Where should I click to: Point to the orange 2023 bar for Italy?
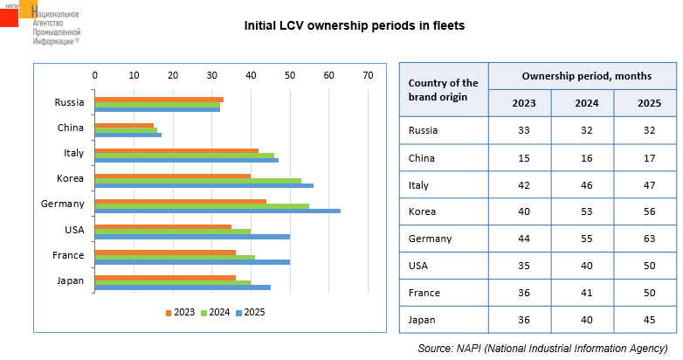[176, 150]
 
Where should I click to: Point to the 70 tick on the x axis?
[368, 76]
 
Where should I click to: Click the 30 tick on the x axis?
[212, 76]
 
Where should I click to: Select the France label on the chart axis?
[69, 255]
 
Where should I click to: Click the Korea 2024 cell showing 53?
[582, 211]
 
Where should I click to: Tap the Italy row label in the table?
[419, 184]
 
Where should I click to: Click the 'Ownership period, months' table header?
[582, 76]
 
